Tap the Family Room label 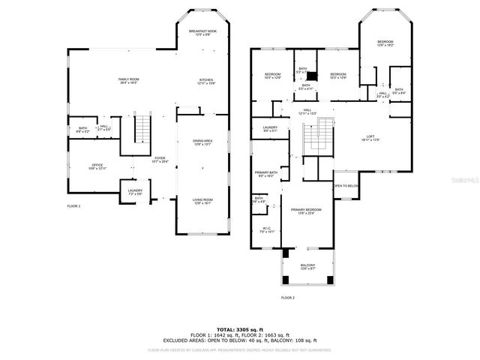point(129,79)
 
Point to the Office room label point(97,166)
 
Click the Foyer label point(160,159)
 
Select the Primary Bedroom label point(306,211)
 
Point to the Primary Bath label point(266,174)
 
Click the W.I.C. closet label point(266,229)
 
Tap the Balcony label point(307,265)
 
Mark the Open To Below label point(346,185)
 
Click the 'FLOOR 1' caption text point(73,205)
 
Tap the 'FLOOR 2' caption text point(288,298)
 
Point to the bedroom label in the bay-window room point(385,43)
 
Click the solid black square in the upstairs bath point(313,75)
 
